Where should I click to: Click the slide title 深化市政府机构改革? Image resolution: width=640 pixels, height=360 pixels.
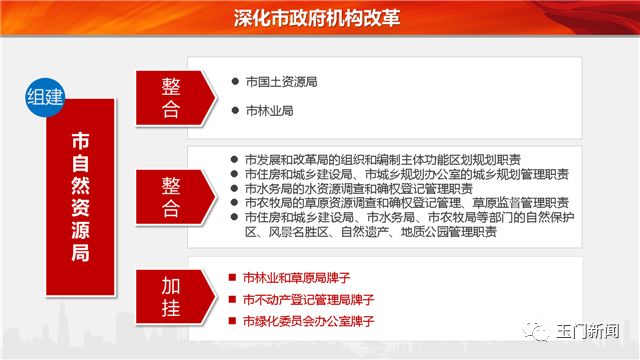coord(320,17)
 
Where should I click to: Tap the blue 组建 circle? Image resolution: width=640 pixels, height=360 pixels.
coord(48,98)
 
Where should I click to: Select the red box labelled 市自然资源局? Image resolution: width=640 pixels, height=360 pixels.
coord(80,196)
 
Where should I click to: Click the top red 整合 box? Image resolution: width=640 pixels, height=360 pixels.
coord(172,96)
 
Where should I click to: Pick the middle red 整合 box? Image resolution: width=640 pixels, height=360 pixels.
coord(172,197)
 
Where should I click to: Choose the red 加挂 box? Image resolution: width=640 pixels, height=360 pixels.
coord(172,297)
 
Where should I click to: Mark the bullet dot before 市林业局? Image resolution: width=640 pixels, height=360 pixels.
coord(235,111)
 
